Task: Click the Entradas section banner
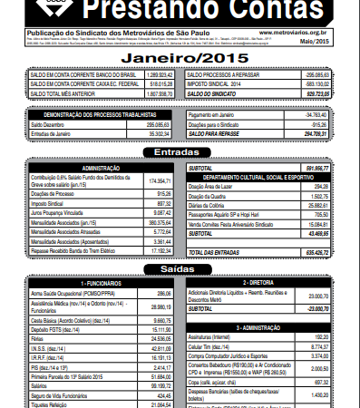(x=180, y=152)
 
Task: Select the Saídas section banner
(x=180, y=269)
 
